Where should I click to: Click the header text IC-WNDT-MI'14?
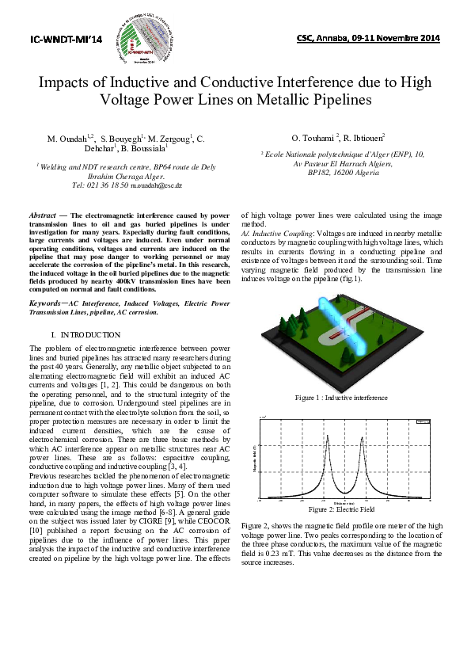(61, 38)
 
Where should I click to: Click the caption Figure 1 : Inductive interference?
(341, 397)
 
